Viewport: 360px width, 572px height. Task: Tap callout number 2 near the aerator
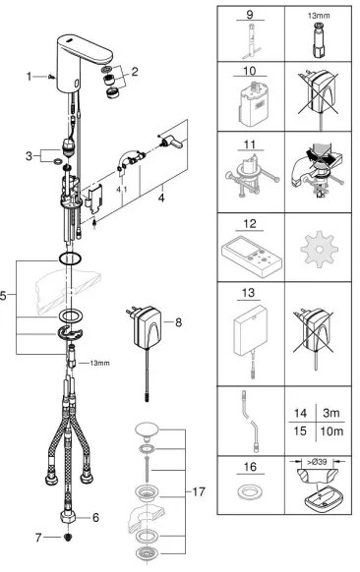coord(136,70)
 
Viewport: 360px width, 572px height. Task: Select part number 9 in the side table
coord(248,15)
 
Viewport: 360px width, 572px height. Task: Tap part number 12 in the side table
coord(248,224)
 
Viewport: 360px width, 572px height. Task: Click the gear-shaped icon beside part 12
coord(317,256)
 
